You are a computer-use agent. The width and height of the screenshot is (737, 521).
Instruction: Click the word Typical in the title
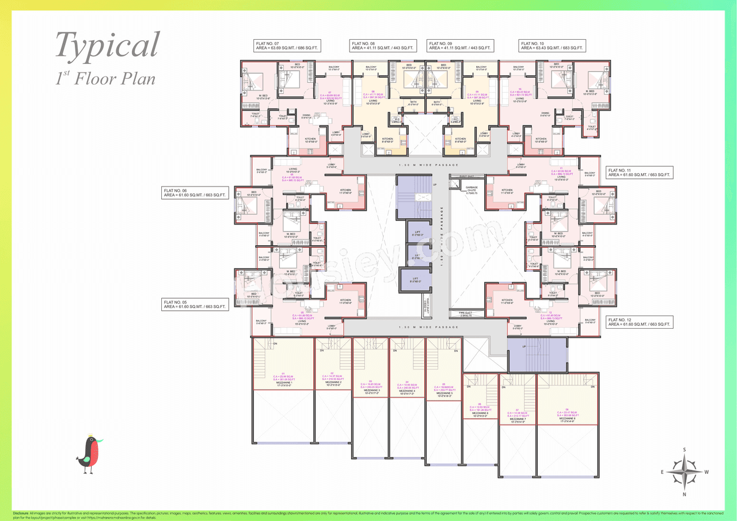(108, 45)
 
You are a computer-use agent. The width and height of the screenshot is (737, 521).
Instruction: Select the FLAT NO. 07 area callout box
(287, 46)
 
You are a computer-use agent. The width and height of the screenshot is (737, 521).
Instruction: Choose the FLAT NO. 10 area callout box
(552, 46)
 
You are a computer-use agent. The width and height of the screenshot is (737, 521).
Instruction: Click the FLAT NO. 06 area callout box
(195, 192)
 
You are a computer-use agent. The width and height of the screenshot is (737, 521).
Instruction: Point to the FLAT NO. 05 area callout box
(195, 305)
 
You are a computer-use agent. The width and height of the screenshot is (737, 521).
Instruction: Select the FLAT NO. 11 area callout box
(639, 172)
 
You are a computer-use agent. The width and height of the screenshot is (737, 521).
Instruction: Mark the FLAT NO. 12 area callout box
(639, 322)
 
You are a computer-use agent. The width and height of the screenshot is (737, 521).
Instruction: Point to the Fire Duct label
(466, 314)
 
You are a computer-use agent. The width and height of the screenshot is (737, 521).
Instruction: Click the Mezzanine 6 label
(480, 413)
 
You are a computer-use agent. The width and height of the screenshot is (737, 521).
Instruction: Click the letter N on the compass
(684, 495)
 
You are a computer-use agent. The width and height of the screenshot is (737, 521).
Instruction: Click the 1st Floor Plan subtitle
(105, 77)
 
